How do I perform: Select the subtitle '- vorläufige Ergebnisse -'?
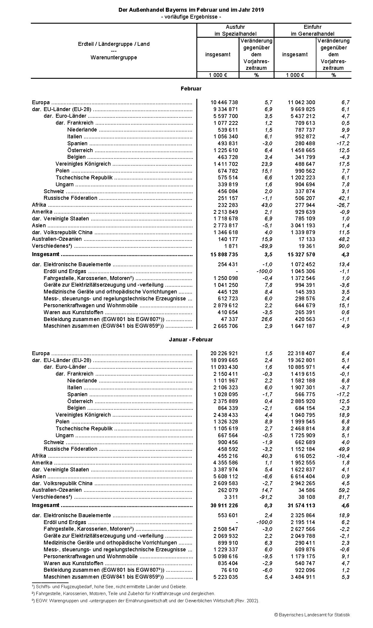coord(191,17)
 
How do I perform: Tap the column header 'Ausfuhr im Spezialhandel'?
coord(235,30)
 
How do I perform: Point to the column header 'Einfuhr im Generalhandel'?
coord(313,30)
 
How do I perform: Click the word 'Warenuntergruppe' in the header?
coord(114,57)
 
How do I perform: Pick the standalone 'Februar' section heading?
coord(191,89)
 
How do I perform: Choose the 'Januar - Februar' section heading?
coord(191,340)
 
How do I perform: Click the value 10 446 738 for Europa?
coord(224,102)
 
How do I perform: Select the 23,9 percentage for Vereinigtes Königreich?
coord(267,164)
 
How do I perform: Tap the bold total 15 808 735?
coord(224,255)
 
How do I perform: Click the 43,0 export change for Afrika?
coord(267,205)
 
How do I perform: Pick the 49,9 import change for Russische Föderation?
coord(344,449)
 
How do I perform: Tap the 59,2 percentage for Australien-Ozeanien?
coord(344,490)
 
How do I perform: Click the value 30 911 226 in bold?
coord(224,506)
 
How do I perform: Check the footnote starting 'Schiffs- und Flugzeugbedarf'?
coord(111,587)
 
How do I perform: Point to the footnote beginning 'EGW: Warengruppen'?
coord(147,600)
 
